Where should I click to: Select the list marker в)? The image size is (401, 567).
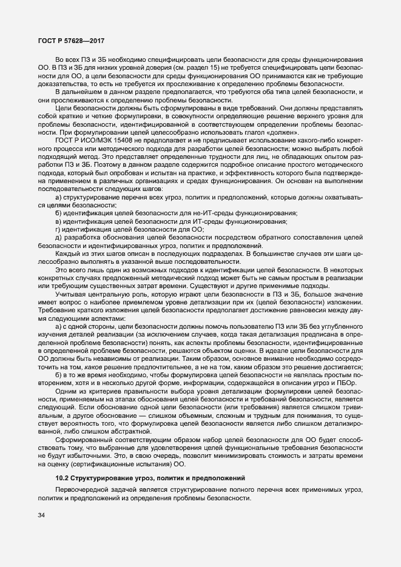point(58,223)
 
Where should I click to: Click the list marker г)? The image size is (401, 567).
point(58,230)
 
